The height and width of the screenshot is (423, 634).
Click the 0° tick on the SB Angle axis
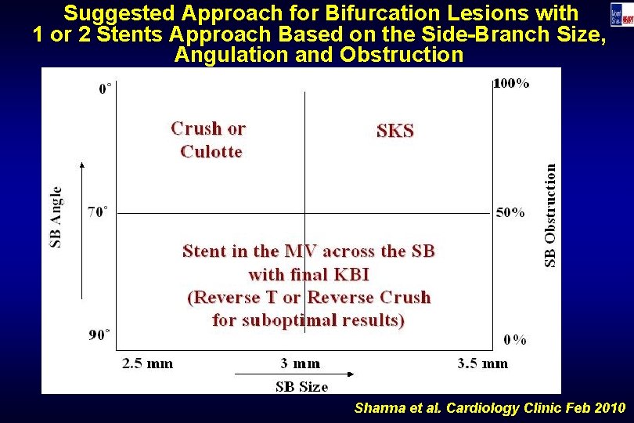(103, 89)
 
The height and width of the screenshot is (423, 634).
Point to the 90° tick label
(99, 335)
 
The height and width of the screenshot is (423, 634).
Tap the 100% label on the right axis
(510, 83)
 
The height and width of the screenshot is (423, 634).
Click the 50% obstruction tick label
(510, 213)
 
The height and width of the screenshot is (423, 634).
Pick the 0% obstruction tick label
(514, 340)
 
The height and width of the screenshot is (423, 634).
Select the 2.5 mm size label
(148, 363)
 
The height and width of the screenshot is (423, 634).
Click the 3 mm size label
(301, 363)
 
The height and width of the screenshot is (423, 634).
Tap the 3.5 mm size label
(482, 363)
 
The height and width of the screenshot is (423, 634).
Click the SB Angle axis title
(56, 217)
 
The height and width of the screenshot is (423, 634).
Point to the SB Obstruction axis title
(551, 214)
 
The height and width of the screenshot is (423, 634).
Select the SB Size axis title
(302, 386)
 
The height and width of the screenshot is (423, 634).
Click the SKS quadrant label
(395, 132)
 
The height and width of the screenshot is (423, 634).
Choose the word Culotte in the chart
(211, 151)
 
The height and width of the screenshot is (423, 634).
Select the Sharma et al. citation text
(489, 408)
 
